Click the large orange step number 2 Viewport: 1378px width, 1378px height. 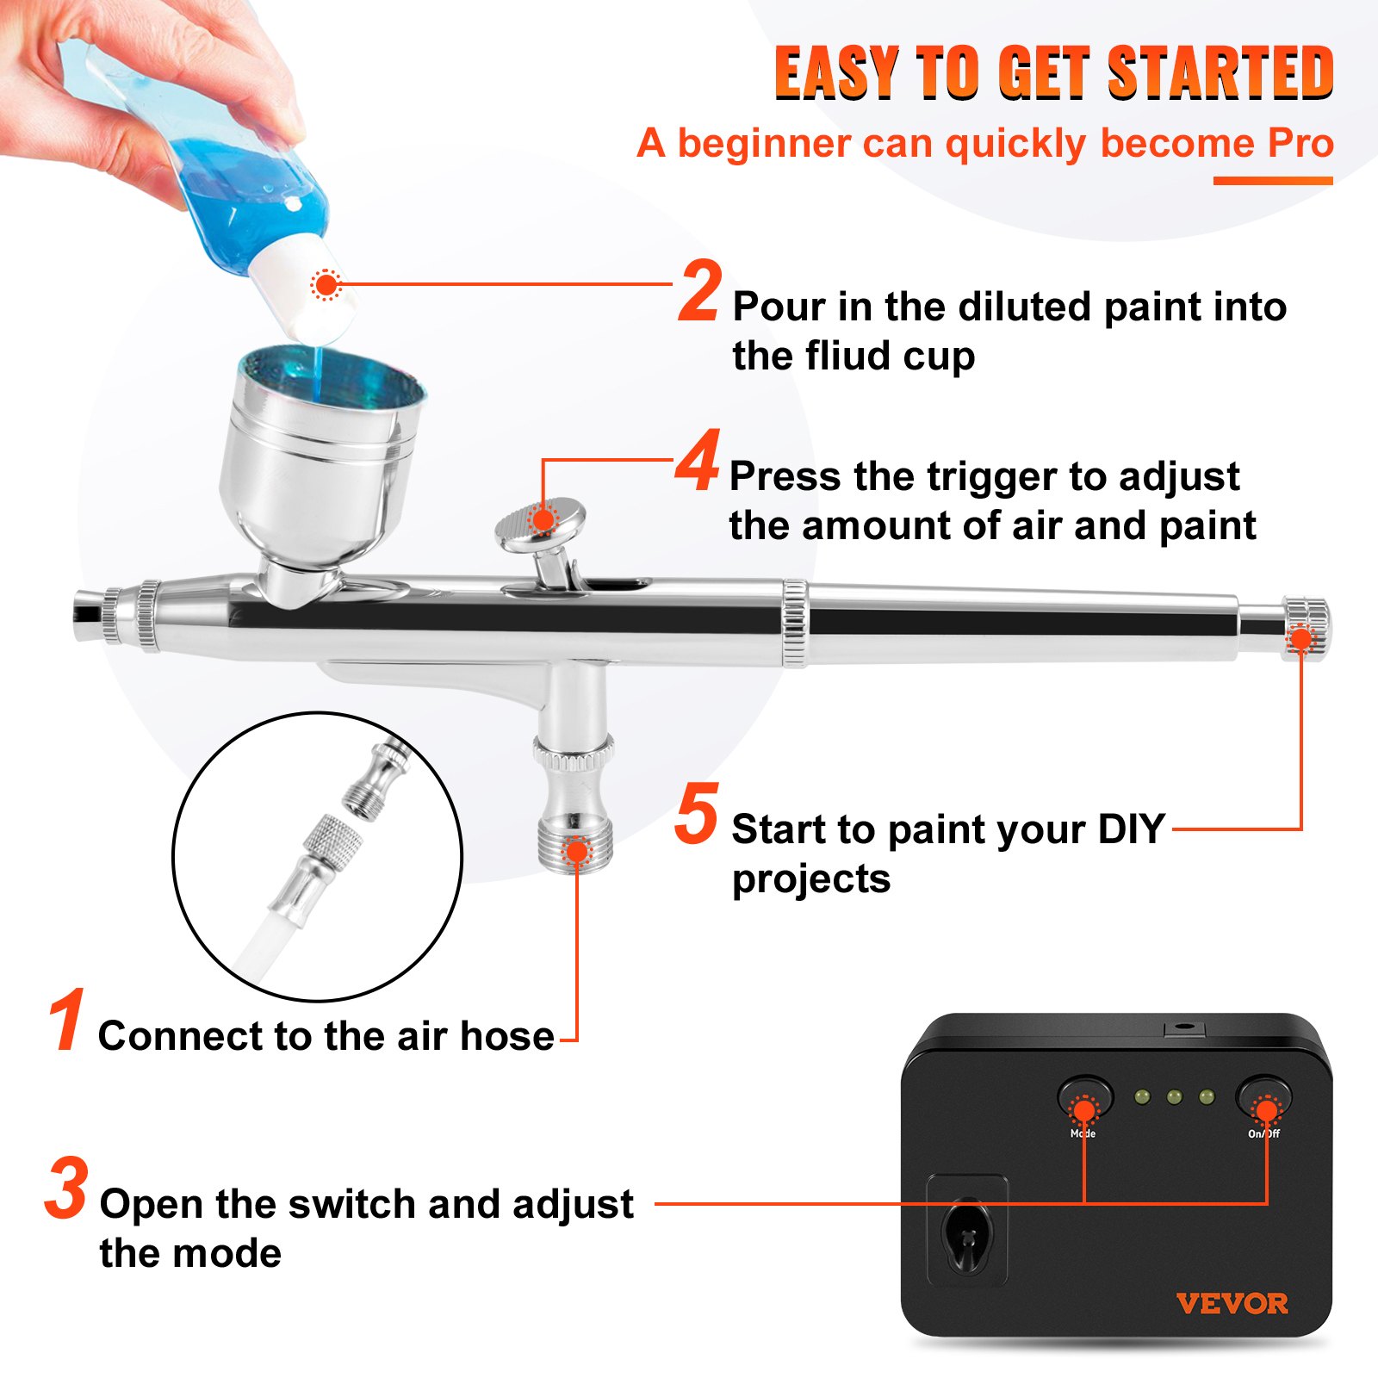click(699, 293)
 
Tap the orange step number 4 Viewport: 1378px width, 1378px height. click(698, 462)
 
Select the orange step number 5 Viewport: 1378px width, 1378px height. click(696, 813)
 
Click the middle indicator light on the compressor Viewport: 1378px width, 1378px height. click(1174, 1097)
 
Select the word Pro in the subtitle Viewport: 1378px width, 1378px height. click(1300, 144)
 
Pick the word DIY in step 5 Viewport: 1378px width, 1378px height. click(1130, 829)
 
